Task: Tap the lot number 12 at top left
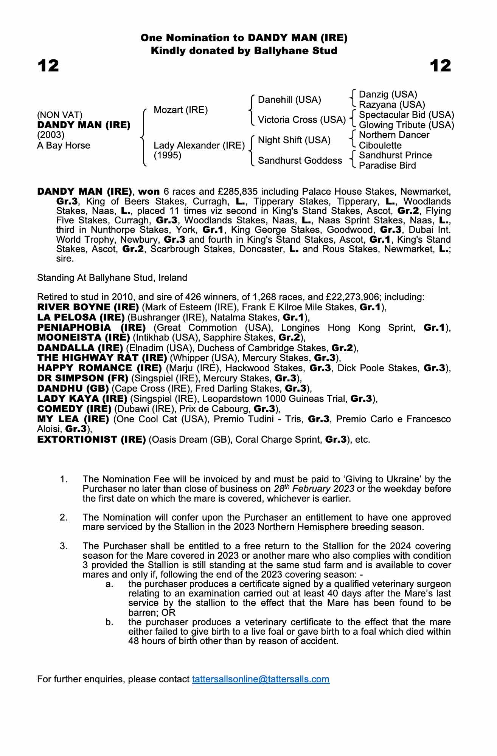coord(48,66)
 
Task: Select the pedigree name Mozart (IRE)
coord(180,110)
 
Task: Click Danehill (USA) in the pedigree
coord(289,100)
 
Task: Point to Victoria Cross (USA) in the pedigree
coord(301,120)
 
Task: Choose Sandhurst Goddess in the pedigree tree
coord(300,161)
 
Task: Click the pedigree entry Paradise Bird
coord(387,166)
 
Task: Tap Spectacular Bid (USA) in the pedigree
coord(406,115)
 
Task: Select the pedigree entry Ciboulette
coord(380,146)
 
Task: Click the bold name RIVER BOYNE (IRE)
coord(88,307)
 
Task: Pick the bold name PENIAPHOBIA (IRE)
coord(92,328)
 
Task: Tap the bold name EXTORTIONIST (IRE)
coord(92,440)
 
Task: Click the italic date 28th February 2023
coord(314,489)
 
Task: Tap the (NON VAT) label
coord(60,115)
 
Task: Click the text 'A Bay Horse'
coord(64,146)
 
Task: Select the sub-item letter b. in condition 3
coord(109,622)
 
